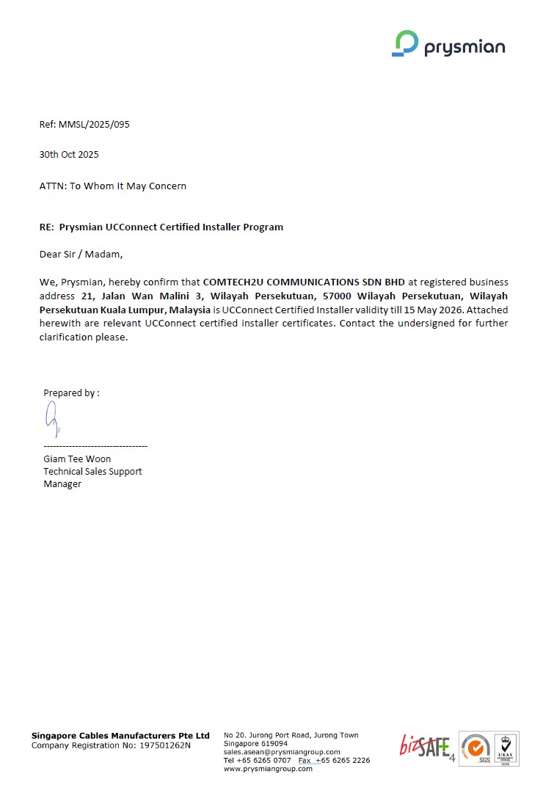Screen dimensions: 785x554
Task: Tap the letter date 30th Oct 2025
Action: tap(69, 155)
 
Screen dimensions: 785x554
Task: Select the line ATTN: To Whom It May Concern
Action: tap(112, 186)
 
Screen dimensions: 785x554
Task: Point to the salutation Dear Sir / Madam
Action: tap(81, 255)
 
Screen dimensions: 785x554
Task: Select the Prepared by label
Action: tap(71, 393)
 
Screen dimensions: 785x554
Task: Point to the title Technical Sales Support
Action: tap(92, 472)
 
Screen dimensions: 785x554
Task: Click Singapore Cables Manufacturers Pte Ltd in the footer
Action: tap(120, 735)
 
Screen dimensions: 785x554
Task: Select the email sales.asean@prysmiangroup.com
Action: tap(281, 752)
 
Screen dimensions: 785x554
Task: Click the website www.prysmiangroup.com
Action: tap(268, 769)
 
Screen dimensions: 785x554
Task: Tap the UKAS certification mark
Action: tap(505, 749)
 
